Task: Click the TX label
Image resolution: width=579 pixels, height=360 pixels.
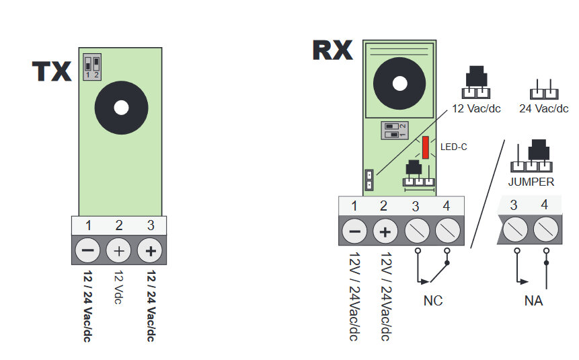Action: click(x=52, y=71)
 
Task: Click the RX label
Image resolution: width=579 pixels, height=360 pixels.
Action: click(x=332, y=50)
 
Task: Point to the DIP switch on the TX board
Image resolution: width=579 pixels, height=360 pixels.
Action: click(x=92, y=67)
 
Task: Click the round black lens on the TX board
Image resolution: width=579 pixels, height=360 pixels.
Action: click(x=121, y=108)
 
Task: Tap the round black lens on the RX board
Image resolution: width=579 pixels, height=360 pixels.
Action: click(x=399, y=83)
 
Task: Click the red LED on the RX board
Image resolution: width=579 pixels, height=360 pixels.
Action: click(x=426, y=147)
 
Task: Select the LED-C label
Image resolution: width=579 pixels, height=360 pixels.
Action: click(x=453, y=147)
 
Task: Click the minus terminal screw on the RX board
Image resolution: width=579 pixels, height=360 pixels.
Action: click(x=354, y=232)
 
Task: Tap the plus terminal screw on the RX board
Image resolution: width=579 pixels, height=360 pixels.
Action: click(x=385, y=232)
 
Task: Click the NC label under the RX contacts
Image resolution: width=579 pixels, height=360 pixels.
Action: click(x=433, y=300)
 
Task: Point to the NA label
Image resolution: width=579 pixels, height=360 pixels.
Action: click(x=533, y=300)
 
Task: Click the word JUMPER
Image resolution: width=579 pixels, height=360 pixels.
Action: click(x=531, y=182)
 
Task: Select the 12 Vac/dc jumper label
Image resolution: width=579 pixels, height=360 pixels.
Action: click(x=477, y=108)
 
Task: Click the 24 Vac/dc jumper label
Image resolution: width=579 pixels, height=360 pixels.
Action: click(x=544, y=108)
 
